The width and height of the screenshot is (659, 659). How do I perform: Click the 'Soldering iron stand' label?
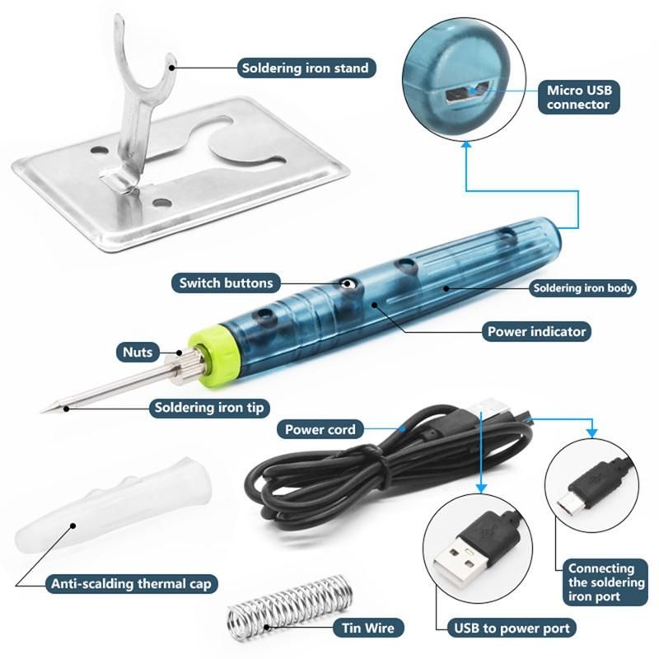(x=306, y=68)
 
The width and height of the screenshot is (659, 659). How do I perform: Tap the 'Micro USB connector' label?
(x=578, y=97)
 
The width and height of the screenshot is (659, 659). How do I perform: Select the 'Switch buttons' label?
(x=226, y=283)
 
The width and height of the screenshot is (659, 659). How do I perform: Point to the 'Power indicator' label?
(x=536, y=332)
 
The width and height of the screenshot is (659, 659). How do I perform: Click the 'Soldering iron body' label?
(x=582, y=287)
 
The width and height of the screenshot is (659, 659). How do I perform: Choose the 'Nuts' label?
(x=138, y=353)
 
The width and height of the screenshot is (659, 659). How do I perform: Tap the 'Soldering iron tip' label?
(x=209, y=408)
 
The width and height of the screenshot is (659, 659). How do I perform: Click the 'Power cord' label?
(x=320, y=429)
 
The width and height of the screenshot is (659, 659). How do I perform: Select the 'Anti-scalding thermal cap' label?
(x=131, y=584)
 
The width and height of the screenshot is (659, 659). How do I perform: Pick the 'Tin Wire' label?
(x=367, y=628)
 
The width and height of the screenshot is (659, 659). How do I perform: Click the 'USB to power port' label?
(x=512, y=628)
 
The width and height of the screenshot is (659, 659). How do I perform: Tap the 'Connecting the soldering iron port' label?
(x=605, y=582)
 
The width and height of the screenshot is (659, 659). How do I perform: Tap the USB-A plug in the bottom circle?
(x=475, y=544)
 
